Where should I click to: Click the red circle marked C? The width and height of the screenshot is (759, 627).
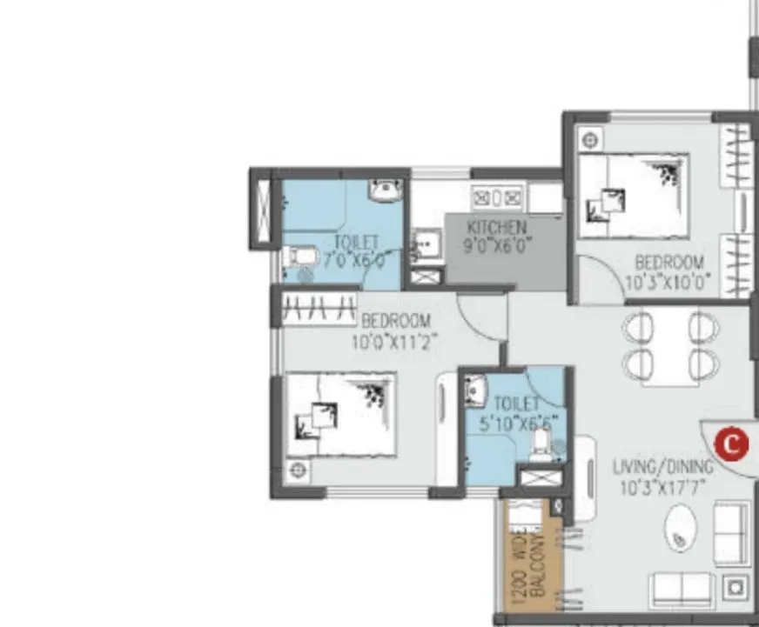(730, 444)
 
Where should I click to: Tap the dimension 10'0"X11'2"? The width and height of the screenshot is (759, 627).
(393, 342)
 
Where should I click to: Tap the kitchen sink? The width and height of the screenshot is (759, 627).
(426, 246)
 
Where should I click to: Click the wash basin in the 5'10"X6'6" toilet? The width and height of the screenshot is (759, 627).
(475, 390)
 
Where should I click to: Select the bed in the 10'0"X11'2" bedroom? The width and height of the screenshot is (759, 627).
(340, 415)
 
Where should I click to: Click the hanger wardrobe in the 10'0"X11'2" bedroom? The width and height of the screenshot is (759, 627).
(319, 307)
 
